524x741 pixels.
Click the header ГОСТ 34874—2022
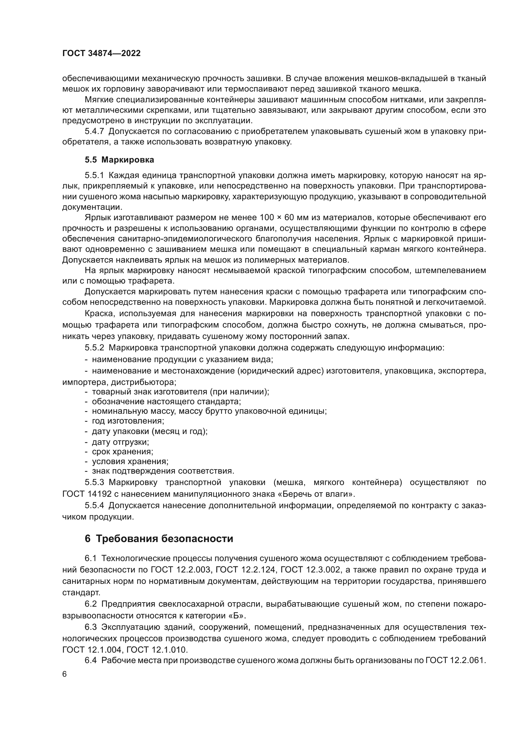tap(101, 54)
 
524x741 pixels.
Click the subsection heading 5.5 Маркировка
tap(119, 160)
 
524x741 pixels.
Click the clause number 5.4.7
tap(94, 131)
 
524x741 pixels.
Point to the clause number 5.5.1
tap(94, 175)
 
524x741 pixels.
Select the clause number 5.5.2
tap(94, 348)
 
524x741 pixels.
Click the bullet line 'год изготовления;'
tap(128, 421)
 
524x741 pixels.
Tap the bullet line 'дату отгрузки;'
tap(120, 442)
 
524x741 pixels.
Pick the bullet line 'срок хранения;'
tap(122, 451)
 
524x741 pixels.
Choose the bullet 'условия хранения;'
tap(130, 461)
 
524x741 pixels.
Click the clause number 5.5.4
tap(94, 505)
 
